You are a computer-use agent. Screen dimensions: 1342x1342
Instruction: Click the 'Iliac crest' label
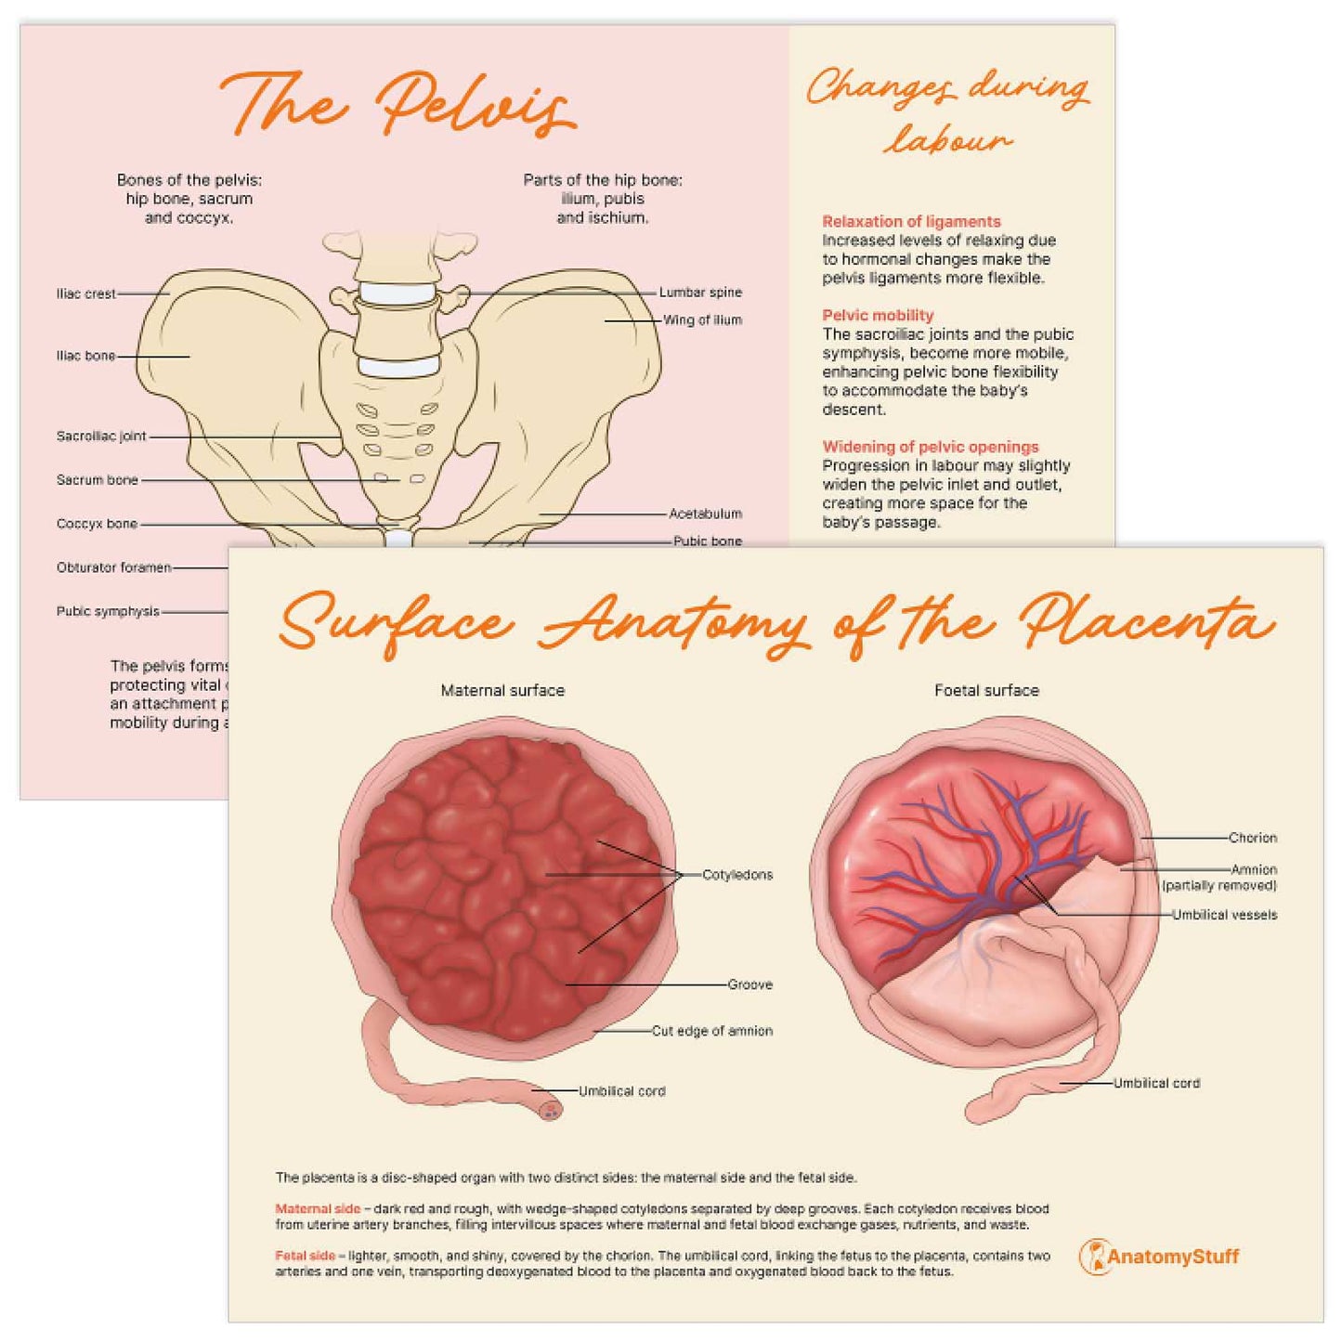point(86,293)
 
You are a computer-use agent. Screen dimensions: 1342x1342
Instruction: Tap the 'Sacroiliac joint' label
point(101,436)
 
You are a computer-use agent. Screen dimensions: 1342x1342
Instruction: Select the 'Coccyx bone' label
point(97,524)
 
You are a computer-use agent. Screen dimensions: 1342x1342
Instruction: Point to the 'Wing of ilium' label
point(702,320)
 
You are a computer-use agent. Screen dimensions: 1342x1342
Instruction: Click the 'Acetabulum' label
point(705,514)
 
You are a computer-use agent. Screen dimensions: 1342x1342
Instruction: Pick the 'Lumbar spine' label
point(700,293)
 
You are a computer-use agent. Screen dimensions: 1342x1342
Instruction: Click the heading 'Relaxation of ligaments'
point(911,221)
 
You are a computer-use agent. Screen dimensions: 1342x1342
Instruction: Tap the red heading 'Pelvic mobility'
point(878,315)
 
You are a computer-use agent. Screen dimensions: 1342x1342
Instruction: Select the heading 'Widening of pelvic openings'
point(931,447)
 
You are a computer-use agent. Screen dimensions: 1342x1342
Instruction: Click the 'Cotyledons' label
point(737,875)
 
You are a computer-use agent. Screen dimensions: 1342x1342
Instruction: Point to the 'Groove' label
point(749,984)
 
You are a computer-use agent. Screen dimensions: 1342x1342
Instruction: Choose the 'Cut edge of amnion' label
point(711,1031)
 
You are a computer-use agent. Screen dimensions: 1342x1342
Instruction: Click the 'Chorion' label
point(1252,838)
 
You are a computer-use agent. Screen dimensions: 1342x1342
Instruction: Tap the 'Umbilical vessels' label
point(1224,915)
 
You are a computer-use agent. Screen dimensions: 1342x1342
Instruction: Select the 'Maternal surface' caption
point(502,690)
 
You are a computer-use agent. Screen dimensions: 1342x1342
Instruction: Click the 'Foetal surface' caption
point(986,690)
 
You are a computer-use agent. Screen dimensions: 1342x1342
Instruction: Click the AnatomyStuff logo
point(1159,1257)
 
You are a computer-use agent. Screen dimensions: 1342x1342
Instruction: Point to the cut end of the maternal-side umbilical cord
point(551,1108)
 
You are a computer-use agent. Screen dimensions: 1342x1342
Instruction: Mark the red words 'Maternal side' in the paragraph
point(318,1209)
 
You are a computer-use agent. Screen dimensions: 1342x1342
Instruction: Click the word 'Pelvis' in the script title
point(474,104)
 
